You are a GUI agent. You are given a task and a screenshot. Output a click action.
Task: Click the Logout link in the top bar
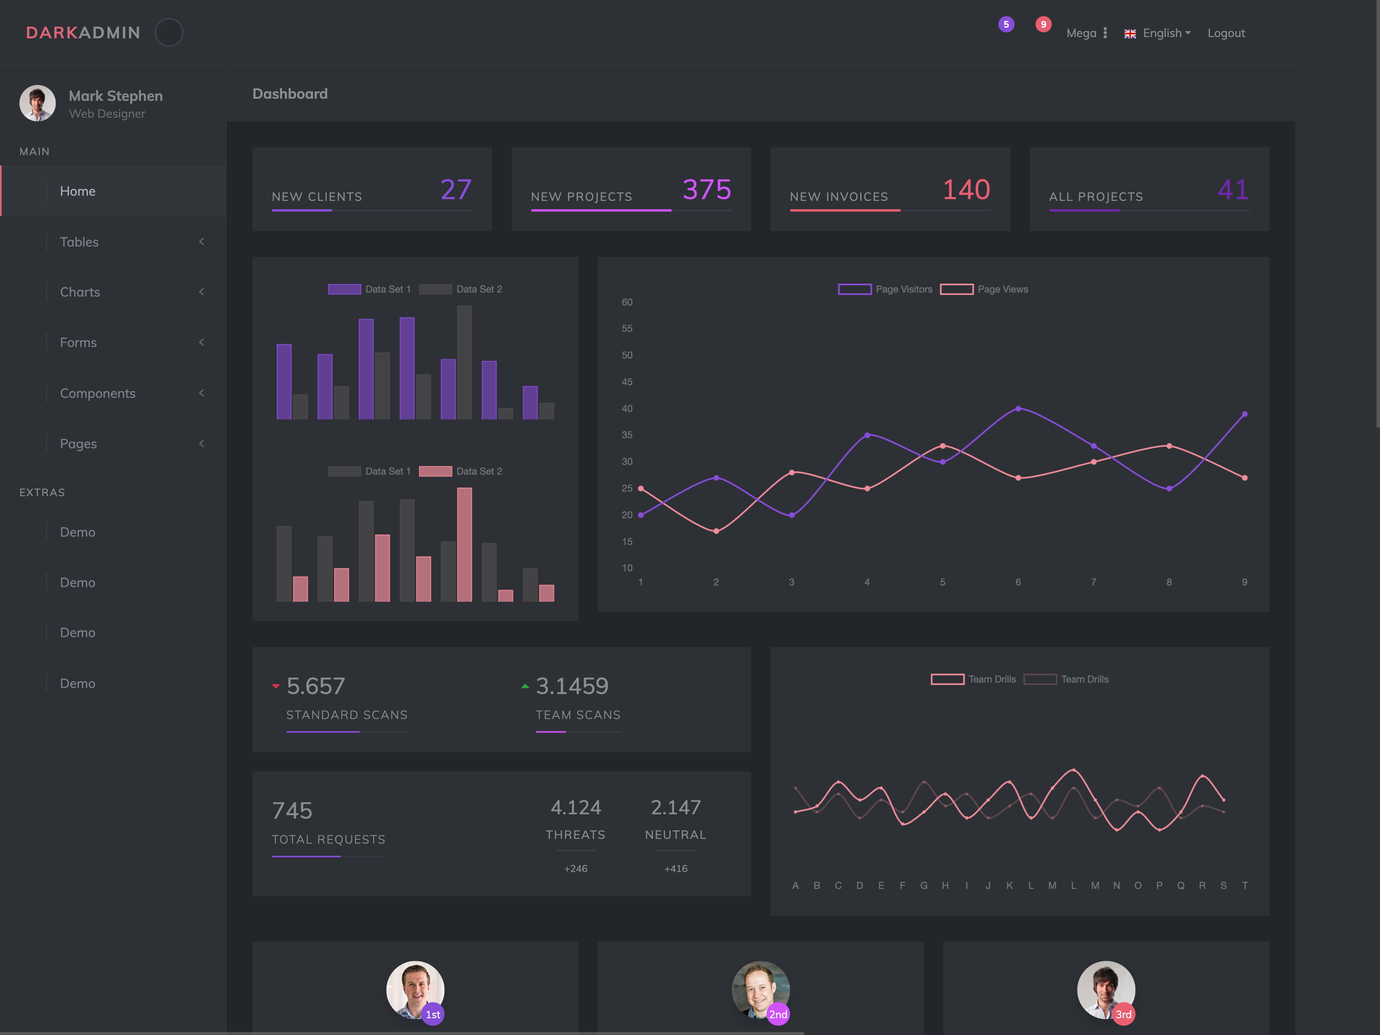coord(1225,33)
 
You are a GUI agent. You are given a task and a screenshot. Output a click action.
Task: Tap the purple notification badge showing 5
coord(1005,24)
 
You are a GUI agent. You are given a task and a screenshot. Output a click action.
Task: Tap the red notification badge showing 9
coord(1043,24)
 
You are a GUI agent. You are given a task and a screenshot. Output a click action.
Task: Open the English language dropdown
coord(1158,33)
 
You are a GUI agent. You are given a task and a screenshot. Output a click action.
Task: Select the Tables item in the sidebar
coord(79,242)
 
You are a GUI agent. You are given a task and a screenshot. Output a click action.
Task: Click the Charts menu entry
coord(80,292)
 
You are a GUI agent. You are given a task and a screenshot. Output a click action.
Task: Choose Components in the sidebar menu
coord(97,394)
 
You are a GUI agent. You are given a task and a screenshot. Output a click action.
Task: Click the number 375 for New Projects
coord(706,190)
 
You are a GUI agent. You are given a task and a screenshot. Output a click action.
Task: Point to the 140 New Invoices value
coord(966,190)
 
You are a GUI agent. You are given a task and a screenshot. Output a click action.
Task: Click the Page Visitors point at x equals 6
coord(1018,409)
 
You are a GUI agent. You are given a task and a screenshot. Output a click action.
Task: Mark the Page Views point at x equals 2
coord(716,532)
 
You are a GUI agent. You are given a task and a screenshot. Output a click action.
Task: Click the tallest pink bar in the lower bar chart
coord(464,544)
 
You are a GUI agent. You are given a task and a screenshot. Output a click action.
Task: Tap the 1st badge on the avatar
coord(433,1014)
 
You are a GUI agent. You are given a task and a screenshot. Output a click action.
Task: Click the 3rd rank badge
coord(1123,1014)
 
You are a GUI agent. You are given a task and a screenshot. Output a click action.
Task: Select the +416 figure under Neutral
coord(676,869)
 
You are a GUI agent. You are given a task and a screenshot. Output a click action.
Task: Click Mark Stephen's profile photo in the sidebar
coord(37,103)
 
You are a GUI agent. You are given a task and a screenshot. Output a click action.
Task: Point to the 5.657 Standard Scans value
coord(315,686)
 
